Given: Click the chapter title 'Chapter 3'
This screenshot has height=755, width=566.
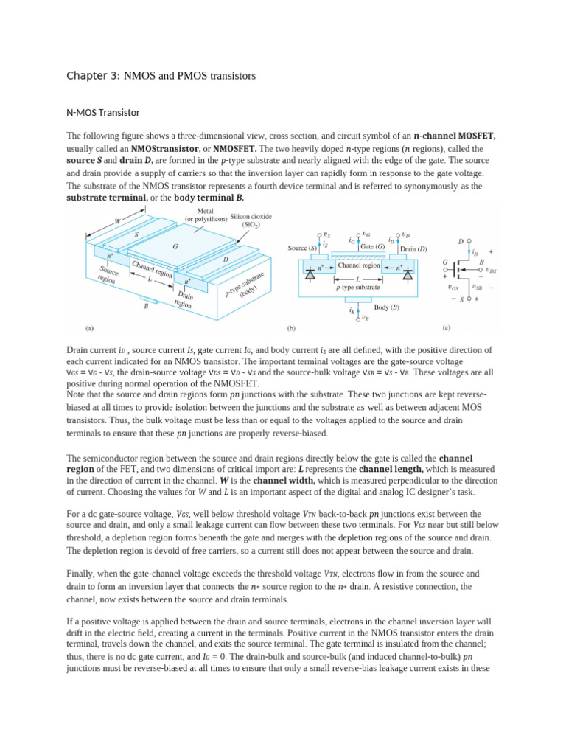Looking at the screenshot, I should [x=94, y=76].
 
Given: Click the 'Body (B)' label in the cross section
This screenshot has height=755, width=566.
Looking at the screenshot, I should [x=387, y=306].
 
